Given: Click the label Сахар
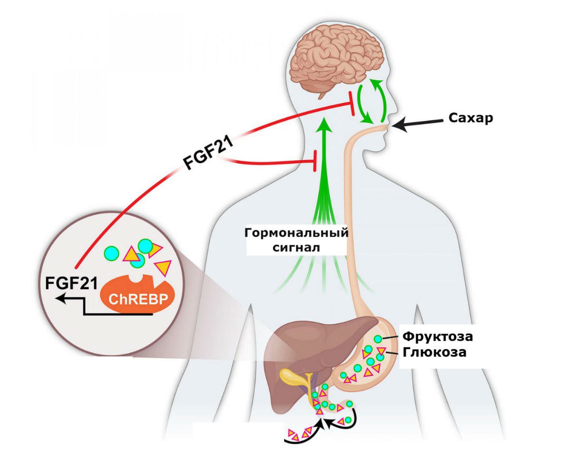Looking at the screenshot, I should (x=471, y=118).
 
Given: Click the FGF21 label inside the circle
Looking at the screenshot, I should (x=71, y=283).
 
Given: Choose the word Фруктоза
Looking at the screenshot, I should (x=438, y=337).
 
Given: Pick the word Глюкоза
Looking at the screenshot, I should (x=433, y=352).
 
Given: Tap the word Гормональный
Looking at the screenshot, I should (x=296, y=233).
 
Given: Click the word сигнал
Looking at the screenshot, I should (x=296, y=247).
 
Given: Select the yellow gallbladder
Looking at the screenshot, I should (x=293, y=378).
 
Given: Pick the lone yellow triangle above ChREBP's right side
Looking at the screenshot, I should (x=163, y=268).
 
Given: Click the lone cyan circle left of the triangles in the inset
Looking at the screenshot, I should (x=111, y=252).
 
